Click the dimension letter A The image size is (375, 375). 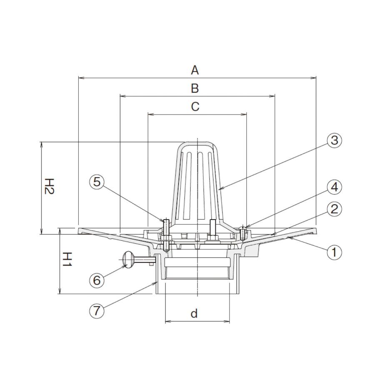pos(195,70)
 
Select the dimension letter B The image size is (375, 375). pos(195,88)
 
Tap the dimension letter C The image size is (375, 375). pos(195,107)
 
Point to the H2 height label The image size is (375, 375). pos(50,186)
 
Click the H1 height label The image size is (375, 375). pos(67,260)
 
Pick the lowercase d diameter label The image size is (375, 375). pos(195,313)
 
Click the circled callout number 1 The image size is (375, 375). pos(334,252)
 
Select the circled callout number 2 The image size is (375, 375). pos(334,209)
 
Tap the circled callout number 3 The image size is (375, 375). pos(334,140)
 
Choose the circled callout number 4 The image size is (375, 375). pos(334,187)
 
